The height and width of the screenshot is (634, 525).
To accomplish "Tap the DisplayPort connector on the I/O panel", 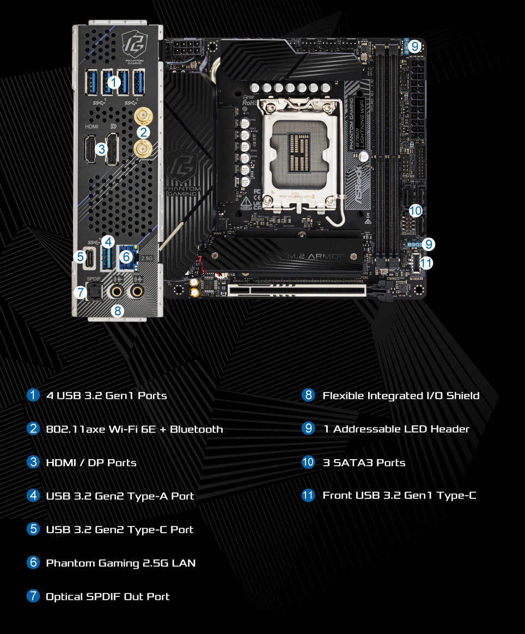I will click(112, 148).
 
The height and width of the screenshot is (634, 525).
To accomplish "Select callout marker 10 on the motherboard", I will click(415, 210).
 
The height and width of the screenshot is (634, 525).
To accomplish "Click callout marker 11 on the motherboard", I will click(426, 263).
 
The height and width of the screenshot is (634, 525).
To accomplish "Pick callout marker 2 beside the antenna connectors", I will click(143, 132).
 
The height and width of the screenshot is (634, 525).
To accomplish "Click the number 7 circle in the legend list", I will click(33, 596).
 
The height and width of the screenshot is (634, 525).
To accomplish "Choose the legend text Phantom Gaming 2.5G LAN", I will click(120, 563).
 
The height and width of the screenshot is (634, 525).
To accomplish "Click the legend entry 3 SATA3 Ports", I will click(364, 462).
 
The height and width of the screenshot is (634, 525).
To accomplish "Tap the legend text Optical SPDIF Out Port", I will click(107, 596).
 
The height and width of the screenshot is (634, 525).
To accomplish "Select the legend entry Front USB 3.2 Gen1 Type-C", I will click(399, 496).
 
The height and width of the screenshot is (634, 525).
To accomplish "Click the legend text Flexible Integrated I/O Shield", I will click(401, 395).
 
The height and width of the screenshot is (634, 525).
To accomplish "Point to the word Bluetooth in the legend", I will click(197, 429).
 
